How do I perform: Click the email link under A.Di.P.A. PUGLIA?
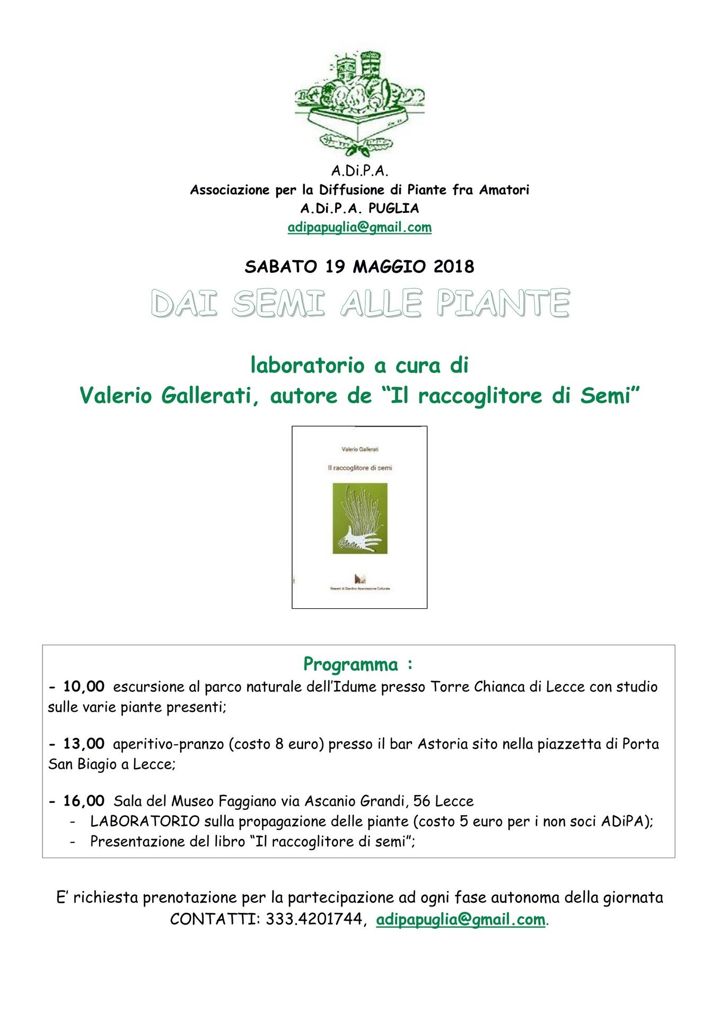(359, 227)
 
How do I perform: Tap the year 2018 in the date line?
(454, 266)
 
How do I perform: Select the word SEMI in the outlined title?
(278, 304)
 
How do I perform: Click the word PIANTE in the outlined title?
(503, 304)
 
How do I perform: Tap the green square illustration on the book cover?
(359, 519)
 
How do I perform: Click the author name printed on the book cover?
(360, 450)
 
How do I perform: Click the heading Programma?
(350, 664)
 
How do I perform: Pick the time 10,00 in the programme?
(84, 687)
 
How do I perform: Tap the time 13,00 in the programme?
(84, 744)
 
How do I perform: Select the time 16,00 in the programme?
(84, 801)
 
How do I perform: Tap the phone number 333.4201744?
(314, 919)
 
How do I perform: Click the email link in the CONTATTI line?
(460, 919)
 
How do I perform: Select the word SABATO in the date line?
(281, 266)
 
